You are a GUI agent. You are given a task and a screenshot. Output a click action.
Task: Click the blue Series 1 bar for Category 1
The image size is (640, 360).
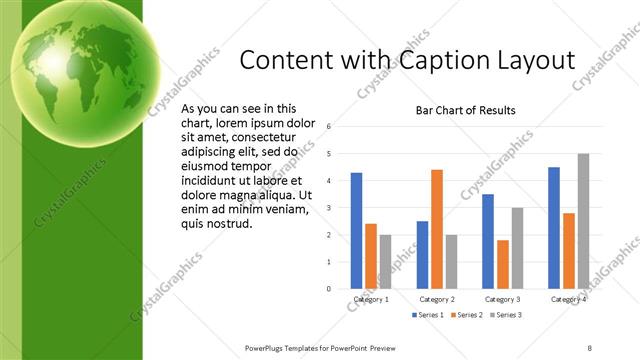[x=357, y=231]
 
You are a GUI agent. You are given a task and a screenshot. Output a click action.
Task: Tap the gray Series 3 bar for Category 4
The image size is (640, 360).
[x=584, y=221]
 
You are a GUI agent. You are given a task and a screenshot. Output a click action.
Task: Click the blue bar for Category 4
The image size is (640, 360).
[x=554, y=228]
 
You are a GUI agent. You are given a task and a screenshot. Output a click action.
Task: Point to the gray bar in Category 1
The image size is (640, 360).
[x=386, y=262]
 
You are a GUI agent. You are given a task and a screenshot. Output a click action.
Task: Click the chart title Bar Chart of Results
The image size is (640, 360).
[x=465, y=110]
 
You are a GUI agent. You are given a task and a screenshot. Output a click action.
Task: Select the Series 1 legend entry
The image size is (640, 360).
[x=429, y=315]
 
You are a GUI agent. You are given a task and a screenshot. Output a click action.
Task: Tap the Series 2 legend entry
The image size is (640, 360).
[x=468, y=315]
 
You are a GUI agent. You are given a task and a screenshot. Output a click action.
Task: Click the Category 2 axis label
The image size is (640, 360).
[x=437, y=299]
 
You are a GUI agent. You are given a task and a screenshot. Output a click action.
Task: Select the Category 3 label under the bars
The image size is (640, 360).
[x=502, y=299]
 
